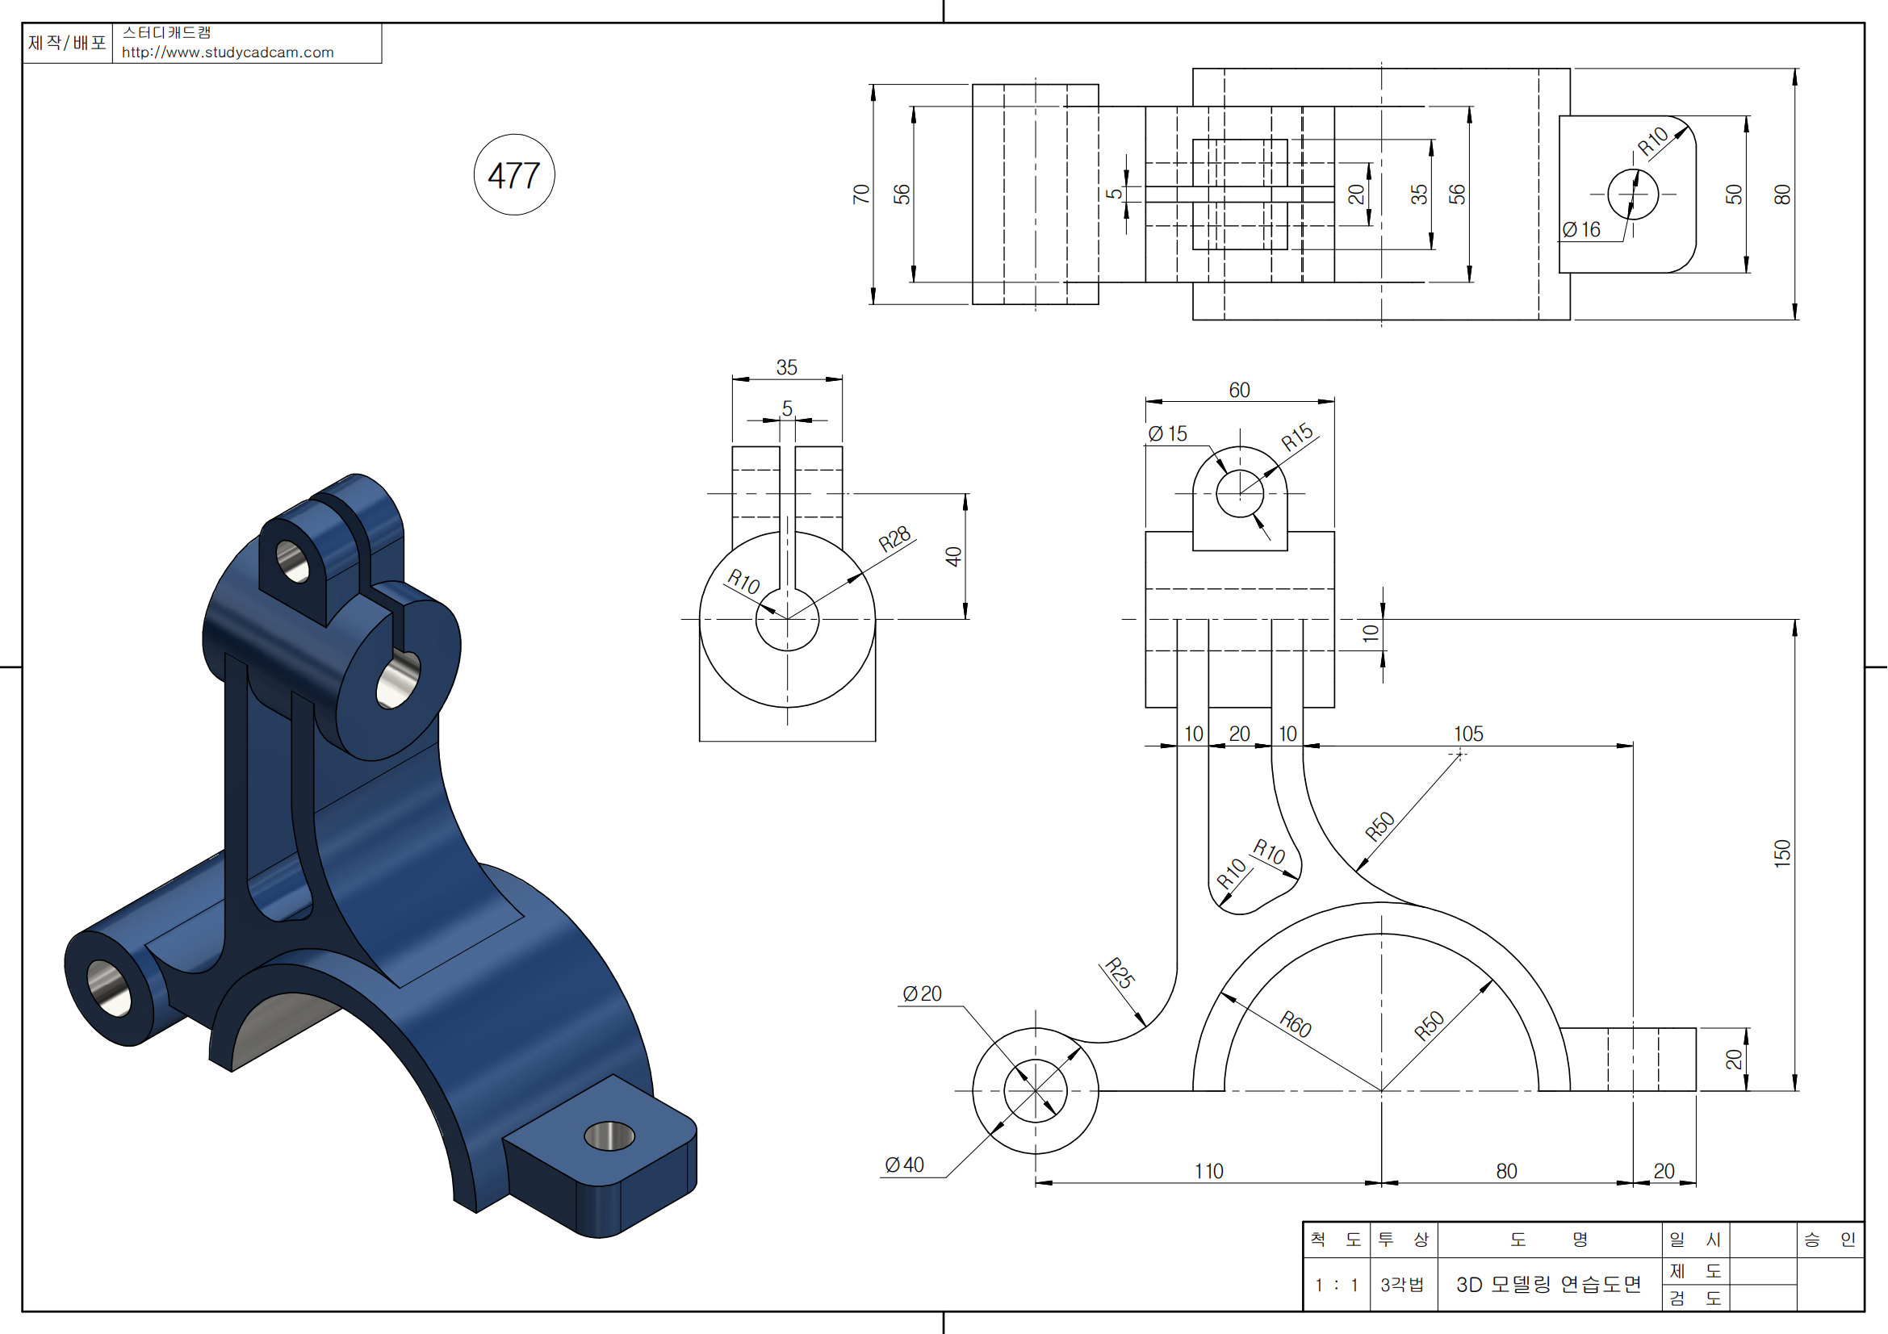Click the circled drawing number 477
click(514, 175)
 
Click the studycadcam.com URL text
click(228, 52)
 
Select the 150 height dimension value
click(1782, 853)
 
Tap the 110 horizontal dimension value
click(1209, 1171)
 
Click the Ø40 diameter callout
click(904, 1165)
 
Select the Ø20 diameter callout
click(922, 993)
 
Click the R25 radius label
click(1119, 972)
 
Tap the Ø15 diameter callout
click(1168, 433)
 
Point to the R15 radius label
click(1298, 437)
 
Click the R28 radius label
click(894, 538)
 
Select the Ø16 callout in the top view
click(1581, 229)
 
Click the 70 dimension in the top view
click(861, 194)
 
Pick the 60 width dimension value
click(1239, 390)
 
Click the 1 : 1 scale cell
click(1336, 1285)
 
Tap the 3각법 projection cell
click(1402, 1285)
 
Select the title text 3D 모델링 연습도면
click(1549, 1285)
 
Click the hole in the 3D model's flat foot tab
click(609, 1137)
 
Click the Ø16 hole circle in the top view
click(1633, 194)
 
